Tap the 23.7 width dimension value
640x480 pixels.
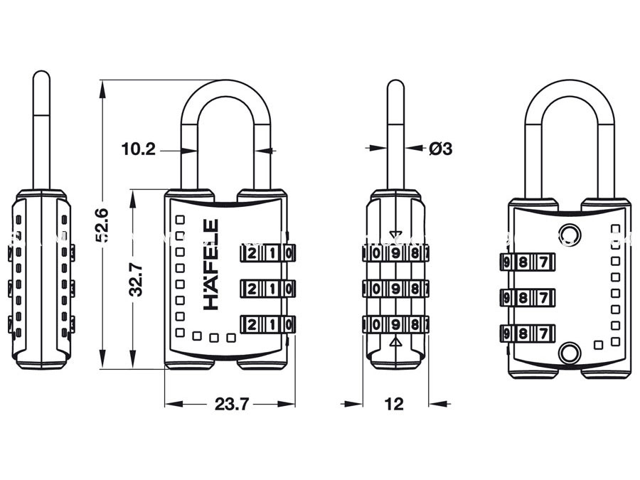[x=231, y=405]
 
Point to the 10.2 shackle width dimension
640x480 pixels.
[x=137, y=149]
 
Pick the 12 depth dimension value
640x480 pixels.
[x=393, y=405]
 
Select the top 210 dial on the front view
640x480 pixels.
[x=268, y=254]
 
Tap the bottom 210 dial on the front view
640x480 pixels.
[x=268, y=324]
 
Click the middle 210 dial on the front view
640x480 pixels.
[x=268, y=289]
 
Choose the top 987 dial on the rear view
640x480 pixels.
[x=526, y=261]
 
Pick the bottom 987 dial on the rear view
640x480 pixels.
[x=526, y=332]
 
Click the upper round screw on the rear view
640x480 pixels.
[x=569, y=234]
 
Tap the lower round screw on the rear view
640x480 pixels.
[x=569, y=351]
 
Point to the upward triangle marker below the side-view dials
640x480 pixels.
[x=396, y=343]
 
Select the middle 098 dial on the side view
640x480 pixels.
[x=396, y=289]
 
